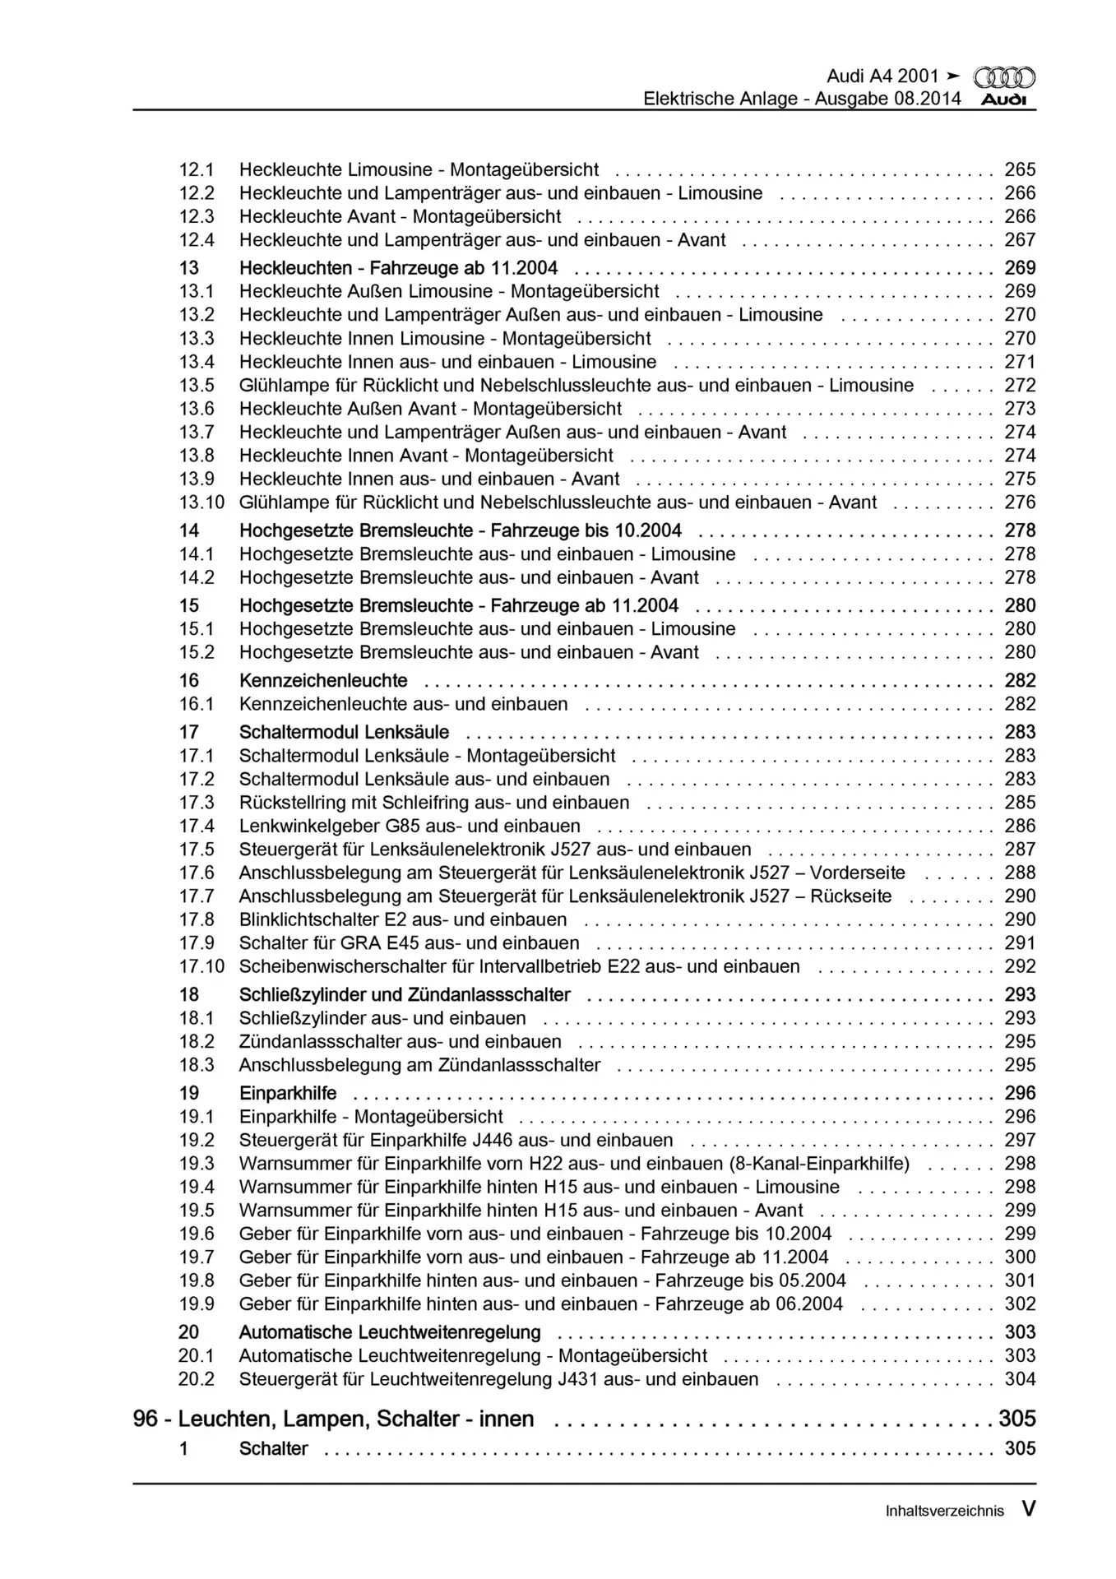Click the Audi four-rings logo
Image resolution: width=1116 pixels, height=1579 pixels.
click(1004, 77)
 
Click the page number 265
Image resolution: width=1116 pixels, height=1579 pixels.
click(1020, 169)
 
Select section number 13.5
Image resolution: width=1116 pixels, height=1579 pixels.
click(197, 385)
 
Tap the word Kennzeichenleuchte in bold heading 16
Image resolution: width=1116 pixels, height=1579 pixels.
click(323, 680)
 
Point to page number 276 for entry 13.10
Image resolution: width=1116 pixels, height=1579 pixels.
click(1020, 502)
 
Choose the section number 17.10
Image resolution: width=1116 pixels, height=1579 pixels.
click(201, 966)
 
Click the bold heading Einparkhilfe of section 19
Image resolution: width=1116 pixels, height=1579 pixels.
click(288, 1093)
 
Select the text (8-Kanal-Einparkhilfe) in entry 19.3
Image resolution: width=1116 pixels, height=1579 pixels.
click(819, 1164)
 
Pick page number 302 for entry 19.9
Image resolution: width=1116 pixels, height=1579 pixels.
click(1020, 1304)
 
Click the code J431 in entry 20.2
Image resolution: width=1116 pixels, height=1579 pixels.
click(580, 1379)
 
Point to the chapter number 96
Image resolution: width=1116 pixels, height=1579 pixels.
click(146, 1419)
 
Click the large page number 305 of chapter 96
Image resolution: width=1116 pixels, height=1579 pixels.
click(1016, 1419)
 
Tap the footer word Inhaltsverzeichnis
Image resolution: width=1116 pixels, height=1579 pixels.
click(944, 1511)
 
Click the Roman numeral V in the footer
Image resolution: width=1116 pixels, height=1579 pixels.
click(1028, 1508)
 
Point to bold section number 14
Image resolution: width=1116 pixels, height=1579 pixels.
click(189, 530)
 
